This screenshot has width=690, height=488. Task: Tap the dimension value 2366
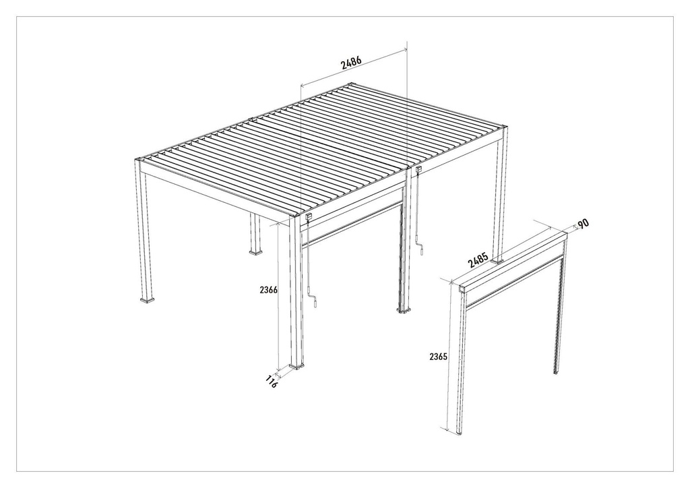click(268, 290)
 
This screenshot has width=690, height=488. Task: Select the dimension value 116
click(272, 381)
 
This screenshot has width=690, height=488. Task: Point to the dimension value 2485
click(478, 259)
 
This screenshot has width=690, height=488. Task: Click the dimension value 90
click(583, 224)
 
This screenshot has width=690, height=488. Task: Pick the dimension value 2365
click(438, 357)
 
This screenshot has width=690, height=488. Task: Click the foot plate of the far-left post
click(148, 301)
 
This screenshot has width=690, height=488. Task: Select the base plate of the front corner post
click(297, 367)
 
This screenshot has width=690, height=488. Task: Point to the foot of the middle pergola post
click(404, 310)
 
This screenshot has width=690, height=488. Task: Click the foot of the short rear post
click(255, 253)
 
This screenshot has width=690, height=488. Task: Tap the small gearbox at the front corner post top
click(309, 216)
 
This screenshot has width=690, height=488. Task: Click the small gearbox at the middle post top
click(418, 169)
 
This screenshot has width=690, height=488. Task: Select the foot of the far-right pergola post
click(497, 262)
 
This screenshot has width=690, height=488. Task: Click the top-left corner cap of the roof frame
click(139, 160)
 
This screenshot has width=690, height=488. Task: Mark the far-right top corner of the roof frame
click(504, 127)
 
